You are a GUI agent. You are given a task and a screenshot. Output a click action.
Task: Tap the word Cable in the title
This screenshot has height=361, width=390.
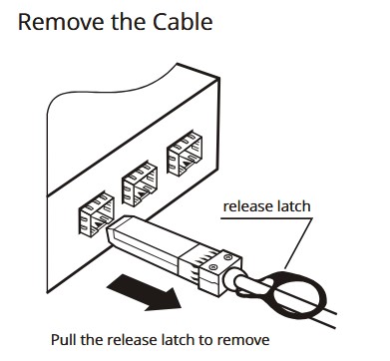183,22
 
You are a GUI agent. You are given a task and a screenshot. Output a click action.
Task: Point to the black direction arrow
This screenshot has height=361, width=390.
144,292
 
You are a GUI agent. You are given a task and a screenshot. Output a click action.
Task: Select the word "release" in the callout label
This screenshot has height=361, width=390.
243,206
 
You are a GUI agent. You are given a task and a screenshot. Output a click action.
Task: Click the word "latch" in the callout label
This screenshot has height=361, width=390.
289,206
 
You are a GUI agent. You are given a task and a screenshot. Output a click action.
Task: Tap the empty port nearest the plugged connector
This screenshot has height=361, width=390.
97,213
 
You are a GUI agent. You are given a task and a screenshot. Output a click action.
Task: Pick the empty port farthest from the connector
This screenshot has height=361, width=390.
185,154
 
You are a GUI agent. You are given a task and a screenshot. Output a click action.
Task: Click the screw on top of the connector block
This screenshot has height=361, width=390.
227,257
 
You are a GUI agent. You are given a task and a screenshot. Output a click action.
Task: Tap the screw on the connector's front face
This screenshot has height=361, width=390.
213,267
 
